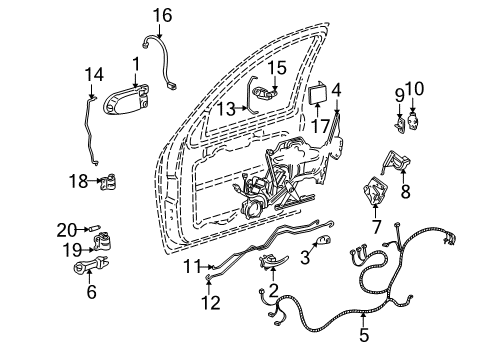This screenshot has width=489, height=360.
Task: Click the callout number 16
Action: point(162,14)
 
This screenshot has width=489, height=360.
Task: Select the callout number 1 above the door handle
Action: point(135,65)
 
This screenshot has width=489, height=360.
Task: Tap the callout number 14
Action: point(93,74)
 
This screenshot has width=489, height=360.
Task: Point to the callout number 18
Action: point(78,181)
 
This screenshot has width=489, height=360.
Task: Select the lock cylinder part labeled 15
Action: point(264,94)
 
